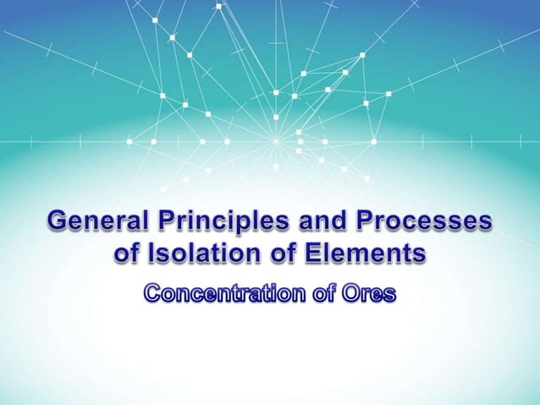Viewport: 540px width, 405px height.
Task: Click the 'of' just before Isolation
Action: pyautogui.click(x=126, y=253)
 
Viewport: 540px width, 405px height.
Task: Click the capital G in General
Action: pyautogui.click(x=58, y=223)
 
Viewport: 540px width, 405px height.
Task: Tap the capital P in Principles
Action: pyautogui.click(x=163, y=223)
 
